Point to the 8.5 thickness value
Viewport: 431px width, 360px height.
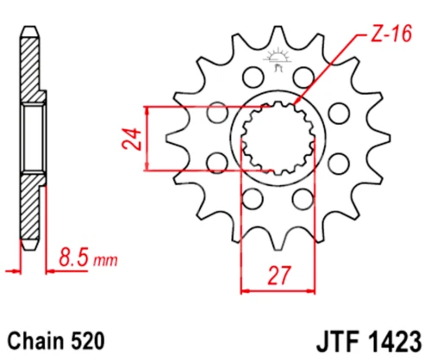coord(75,257)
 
